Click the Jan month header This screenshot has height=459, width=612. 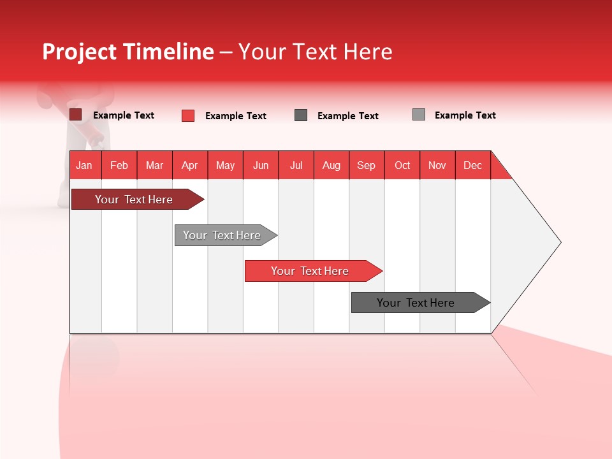[85, 165]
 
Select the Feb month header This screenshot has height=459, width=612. [119, 165]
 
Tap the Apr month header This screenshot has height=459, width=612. [190, 165]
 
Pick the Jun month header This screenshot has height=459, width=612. [261, 165]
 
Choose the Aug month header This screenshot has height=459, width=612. [331, 165]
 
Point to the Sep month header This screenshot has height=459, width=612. [367, 165]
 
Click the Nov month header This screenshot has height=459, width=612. [437, 165]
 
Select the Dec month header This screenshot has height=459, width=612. [473, 165]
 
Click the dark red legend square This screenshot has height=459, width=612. [76, 115]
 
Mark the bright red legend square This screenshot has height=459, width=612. [188, 115]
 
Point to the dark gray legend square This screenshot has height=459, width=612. [301, 115]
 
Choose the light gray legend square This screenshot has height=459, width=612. [419, 115]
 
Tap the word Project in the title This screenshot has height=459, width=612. [80, 52]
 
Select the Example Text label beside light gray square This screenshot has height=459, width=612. [465, 115]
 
